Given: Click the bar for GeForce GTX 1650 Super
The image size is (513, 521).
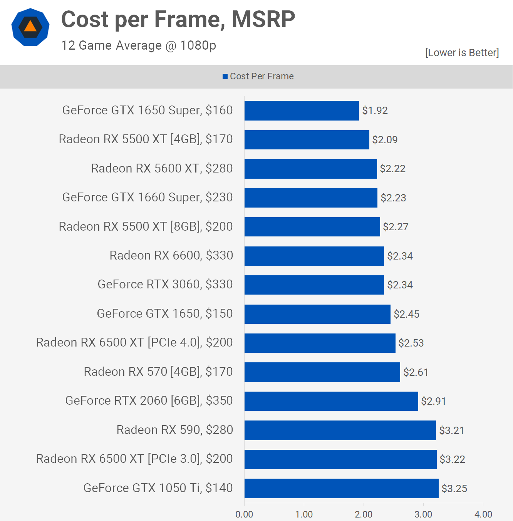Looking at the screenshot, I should coord(302,111).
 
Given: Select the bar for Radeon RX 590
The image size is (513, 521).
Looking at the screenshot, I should coord(340,430).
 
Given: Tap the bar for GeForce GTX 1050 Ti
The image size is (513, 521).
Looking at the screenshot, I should coord(341,488).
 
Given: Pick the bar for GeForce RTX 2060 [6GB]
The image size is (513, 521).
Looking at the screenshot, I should coord(331,401).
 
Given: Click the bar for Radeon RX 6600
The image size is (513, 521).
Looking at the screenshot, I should coord(314,256).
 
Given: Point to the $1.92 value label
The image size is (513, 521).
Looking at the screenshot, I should coord(375,111).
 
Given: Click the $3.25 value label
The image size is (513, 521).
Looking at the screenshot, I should coord(454,488).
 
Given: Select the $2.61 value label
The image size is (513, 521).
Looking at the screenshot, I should coord(416,372).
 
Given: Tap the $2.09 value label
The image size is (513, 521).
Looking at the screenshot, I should coord(385,139).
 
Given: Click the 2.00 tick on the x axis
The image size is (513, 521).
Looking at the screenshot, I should coord(364,514).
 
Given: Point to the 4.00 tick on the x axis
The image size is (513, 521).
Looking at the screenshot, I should coord(483,514).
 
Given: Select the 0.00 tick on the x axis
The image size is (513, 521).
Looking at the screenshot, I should coord(244,514).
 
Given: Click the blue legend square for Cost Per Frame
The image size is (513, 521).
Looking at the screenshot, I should coord(225,77).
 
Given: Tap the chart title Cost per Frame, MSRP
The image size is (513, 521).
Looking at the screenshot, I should coord(178,19).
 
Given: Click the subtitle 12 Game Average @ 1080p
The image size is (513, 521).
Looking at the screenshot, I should coord(139,45).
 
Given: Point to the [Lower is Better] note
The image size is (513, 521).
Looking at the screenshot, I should coord(462,52).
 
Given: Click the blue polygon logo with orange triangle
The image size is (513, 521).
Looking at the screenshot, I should coord(30,27).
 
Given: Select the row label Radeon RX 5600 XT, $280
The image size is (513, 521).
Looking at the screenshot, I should coord(162,168).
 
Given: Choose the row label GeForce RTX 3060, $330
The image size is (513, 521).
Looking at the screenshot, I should coord(165,284).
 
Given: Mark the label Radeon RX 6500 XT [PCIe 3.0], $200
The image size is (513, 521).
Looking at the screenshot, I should coord(134,459).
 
